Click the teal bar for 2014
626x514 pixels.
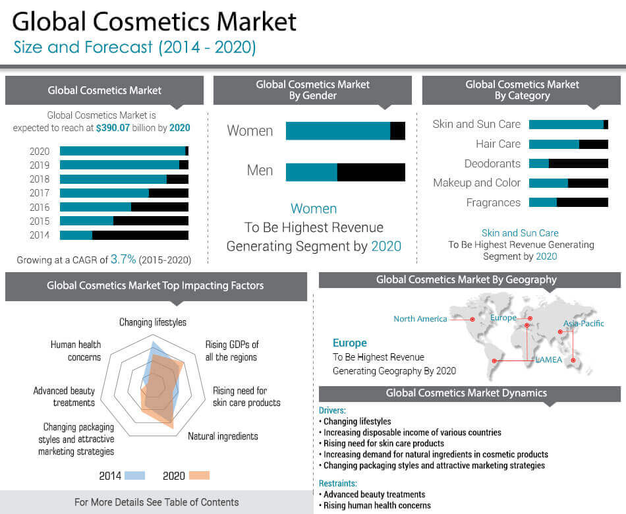[76, 235]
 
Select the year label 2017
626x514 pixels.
[40, 193]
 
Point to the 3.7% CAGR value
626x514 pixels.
[123, 260]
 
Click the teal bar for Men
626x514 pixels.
[311, 172]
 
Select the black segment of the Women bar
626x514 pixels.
[397, 130]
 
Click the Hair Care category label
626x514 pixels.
[498, 144]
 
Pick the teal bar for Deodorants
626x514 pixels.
[538, 163]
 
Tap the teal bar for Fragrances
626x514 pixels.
[542, 202]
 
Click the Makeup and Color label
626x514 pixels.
[476, 183]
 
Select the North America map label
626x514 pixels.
[420, 319]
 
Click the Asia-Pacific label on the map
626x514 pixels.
[583, 324]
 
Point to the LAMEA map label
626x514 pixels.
[548, 360]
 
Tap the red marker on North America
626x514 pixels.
[472, 320]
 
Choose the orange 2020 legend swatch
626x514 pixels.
[198, 475]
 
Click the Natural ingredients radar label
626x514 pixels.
[223, 436]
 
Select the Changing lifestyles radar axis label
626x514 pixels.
[152, 322]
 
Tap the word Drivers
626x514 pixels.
[331, 411]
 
